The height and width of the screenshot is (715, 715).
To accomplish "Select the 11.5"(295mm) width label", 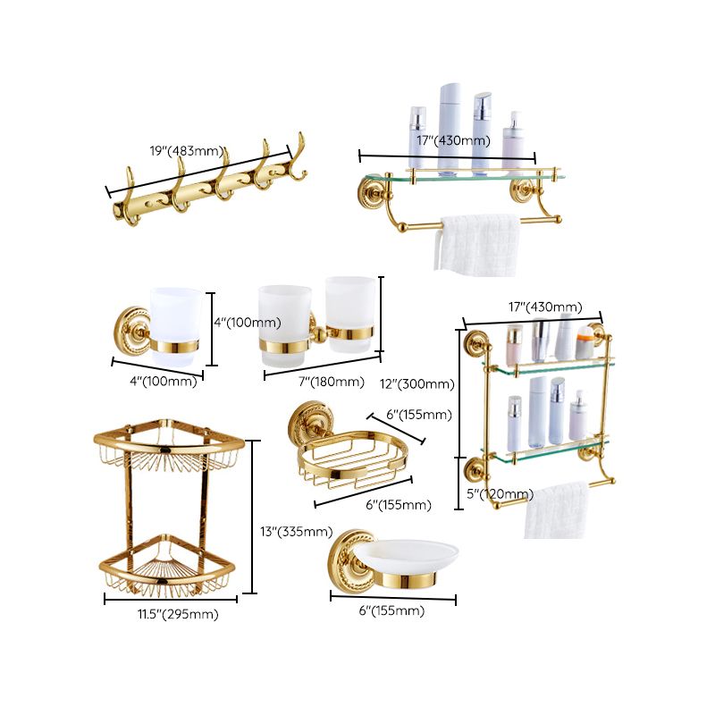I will click(176, 614).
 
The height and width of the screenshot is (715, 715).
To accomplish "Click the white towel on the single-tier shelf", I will click(478, 243).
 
